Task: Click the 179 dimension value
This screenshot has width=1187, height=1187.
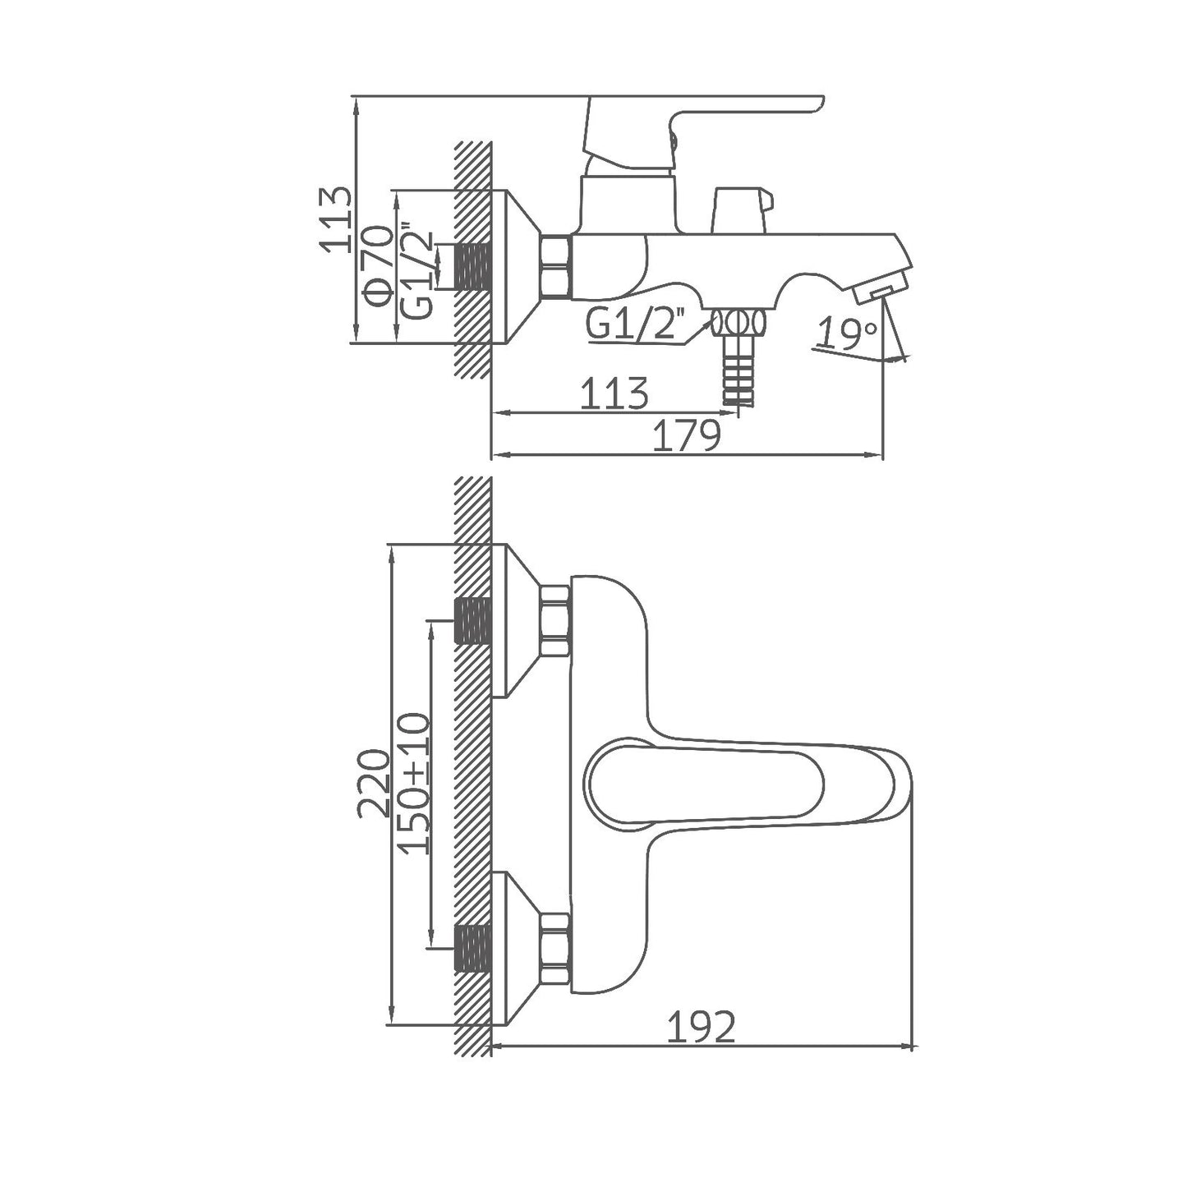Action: coord(686,436)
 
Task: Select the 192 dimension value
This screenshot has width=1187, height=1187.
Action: coord(700,1027)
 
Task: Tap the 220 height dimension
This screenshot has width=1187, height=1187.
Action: coord(374,783)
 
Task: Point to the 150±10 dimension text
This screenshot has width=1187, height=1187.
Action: coord(415,784)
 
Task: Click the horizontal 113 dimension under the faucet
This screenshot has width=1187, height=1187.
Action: coord(614,394)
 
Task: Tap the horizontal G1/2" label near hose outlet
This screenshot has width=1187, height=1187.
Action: coord(635,325)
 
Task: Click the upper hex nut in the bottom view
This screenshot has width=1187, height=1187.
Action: coord(555,621)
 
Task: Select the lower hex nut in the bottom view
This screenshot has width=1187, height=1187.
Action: coord(555,948)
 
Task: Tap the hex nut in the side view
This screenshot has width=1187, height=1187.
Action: coord(555,265)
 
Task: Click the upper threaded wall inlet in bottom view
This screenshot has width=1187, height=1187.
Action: coord(472,621)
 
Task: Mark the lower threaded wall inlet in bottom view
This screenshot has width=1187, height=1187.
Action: coord(472,948)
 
